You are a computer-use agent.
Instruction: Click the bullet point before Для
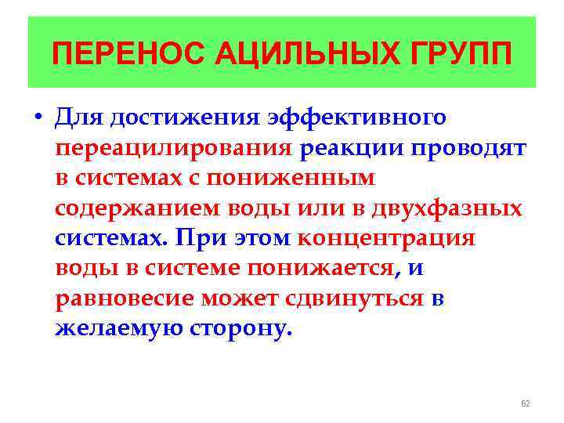(37, 118)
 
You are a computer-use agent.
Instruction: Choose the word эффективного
(358, 117)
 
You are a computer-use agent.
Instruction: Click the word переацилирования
(173, 148)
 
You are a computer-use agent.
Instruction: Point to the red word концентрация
(387, 237)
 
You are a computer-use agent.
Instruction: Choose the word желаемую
(117, 327)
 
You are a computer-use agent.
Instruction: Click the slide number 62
(526, 403)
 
